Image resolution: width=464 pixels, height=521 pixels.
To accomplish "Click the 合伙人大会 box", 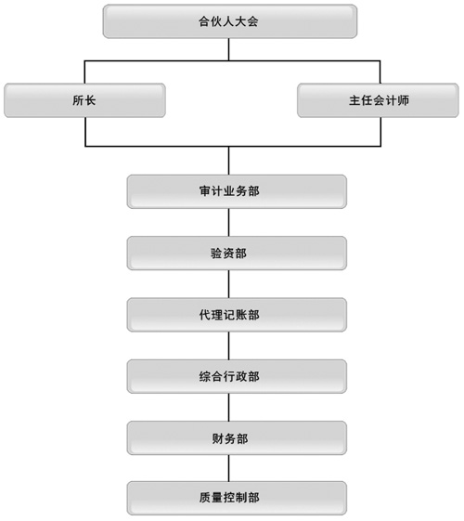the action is coord(230,21).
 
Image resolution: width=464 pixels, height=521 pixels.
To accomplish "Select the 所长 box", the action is coord(84,100).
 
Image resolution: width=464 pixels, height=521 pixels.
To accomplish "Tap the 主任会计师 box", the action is coord(378,100).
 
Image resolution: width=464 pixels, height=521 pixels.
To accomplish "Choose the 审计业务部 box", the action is coord(237,191).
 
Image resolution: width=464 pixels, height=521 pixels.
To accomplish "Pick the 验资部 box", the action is coord(237,254).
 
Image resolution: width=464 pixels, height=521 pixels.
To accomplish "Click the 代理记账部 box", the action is coord(237,315).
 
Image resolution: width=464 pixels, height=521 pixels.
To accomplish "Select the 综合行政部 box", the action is coord(237,376).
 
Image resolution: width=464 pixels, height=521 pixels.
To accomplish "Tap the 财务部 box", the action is coord(237,438).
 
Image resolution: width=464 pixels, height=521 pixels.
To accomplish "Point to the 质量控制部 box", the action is coord(237,498).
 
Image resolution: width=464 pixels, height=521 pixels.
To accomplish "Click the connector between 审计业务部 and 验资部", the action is coord(228,223).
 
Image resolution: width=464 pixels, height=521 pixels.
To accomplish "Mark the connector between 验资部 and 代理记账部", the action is coord(228,284).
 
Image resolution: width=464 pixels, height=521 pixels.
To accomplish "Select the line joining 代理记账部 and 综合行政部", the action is coord(228,345).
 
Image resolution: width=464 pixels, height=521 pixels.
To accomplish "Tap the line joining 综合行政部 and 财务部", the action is coord(228,408).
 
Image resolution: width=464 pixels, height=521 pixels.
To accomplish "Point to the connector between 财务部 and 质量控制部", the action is coord(228,468).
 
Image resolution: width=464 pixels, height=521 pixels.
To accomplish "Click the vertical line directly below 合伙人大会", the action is coord(228,49).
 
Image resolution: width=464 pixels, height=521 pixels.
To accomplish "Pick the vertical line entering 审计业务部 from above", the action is coord(228,161).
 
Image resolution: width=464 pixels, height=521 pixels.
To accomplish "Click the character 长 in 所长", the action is coord(90,100).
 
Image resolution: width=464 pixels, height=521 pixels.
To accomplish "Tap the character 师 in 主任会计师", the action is coord(403,100).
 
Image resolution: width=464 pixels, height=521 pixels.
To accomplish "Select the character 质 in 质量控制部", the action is coord(205,498).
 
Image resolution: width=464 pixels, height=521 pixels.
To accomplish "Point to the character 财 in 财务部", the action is coord(218,438).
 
